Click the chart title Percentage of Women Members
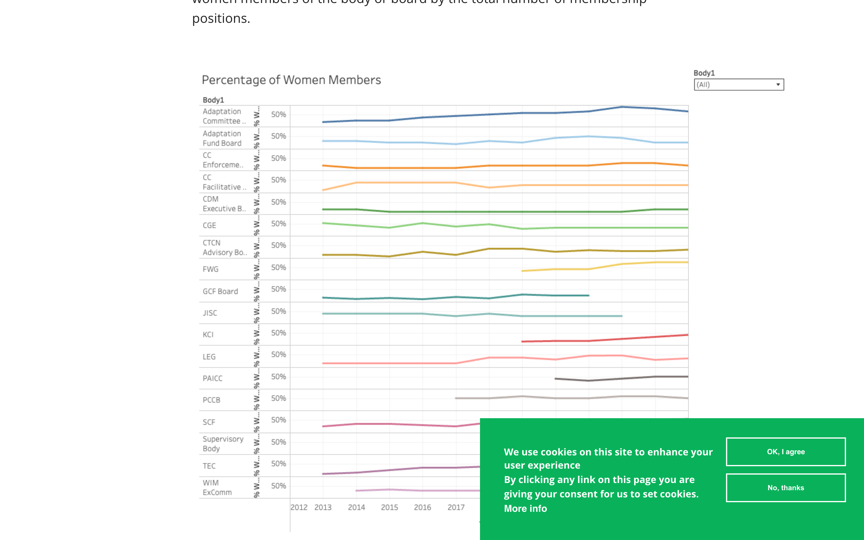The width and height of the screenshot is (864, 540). tap(291, 80)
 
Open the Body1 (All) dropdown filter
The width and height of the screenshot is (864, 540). tap(738, 85)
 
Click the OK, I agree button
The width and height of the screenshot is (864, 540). tap(785, 452)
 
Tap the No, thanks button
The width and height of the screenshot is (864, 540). tap(785, 488)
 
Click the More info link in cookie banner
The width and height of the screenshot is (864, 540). tap(525, 508)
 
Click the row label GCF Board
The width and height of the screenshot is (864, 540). tap(220, 291)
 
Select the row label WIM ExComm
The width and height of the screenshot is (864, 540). tap(217, 487)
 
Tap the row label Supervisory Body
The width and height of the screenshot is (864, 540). tap(223, 444)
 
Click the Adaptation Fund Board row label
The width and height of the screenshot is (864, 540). tap(222, 138)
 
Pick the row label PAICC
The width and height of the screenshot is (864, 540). tap(212, 378)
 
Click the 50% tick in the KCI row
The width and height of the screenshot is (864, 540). tap(278, 333)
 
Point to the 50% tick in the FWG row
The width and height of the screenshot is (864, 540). tap(278, 268)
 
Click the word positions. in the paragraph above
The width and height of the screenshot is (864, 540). tap(221, 19)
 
